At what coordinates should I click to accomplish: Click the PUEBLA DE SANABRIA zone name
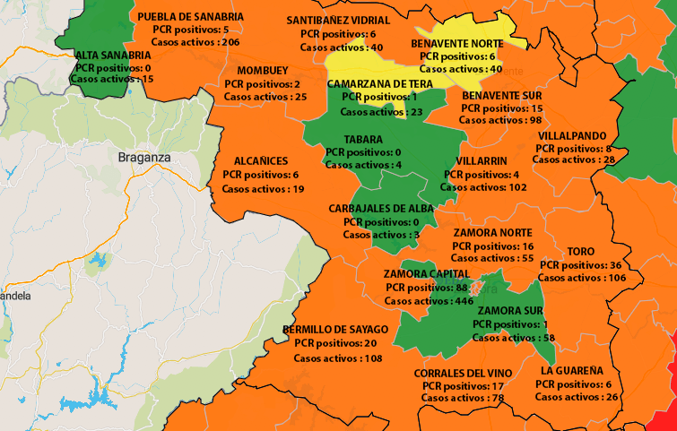coord(190,16)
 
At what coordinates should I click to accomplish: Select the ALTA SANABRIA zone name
coord(114,55)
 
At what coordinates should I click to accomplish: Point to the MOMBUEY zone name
coord(263,71)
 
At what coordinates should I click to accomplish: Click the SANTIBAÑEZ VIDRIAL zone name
coord(338,21)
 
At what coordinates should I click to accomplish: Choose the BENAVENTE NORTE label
coord(456,43)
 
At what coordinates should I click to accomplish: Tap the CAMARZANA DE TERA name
coord(380,83)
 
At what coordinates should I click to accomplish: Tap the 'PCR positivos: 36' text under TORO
coord(577,265)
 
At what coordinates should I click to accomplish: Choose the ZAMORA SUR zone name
coord(507,311)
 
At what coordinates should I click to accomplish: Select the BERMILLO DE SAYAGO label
coord(335,330)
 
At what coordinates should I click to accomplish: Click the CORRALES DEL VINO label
coord(464,372)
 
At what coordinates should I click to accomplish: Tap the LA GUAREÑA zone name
coord(572,370)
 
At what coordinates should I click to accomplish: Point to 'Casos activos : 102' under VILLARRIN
coord(483,187)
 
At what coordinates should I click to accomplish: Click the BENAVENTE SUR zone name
coord(501,94)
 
